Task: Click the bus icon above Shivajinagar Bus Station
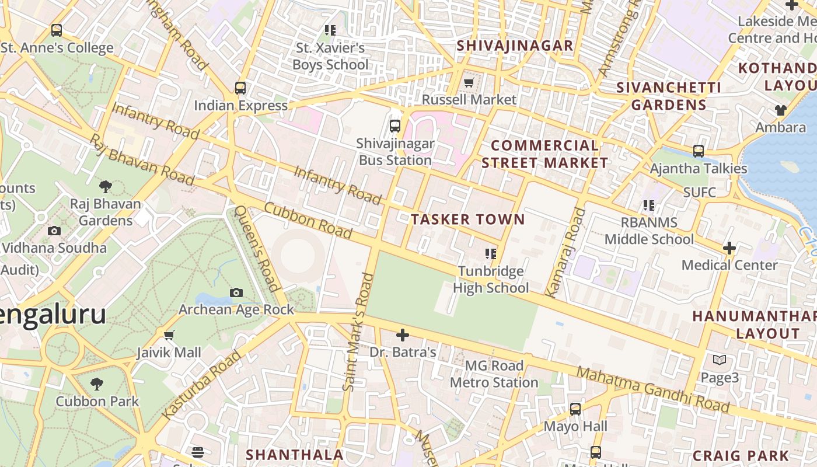click(x=395, y=126)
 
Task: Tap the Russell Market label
click(x=469, y=100)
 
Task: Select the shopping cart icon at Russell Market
click(x=469, y=83)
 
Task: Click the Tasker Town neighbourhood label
click(x=467, y=219)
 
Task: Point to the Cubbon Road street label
click(x=308, y=221)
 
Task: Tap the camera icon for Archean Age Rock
click(x=236, y=292)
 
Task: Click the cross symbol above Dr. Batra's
click(x=403, y=335)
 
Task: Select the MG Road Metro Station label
click(x=494, y=374)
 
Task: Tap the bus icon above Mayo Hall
click(x=575, y=409)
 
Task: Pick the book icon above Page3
click(x=720, y=360)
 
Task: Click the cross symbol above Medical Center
click(x=729, y=248)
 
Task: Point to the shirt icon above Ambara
click(x=780, y=110)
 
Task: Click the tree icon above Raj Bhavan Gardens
click(x=106, y=187)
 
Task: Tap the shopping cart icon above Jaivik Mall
click(x=169, y=335)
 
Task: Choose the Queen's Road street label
click(x=256, y=248)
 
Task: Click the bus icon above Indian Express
click(x=240, y=88)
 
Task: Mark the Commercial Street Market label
click(x=544, y=154)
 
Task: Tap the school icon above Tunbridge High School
click(x=491, y=254)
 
